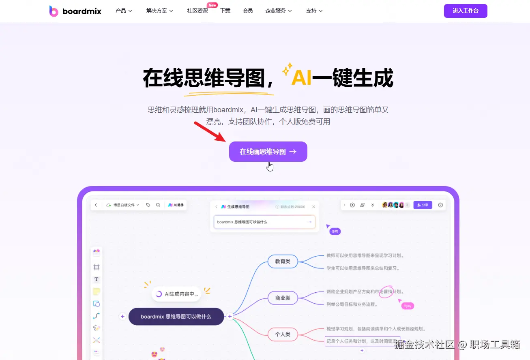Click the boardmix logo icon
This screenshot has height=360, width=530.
click(x=54, y=11)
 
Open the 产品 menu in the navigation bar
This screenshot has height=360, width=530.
click(x=124, y=11)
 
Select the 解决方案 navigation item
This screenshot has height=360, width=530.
click(x=159, y=11)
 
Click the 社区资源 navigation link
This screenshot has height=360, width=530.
click(x=197, y=11)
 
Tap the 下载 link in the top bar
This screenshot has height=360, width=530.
click(x=225, y=11)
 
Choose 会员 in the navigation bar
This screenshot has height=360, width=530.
click(x=248, y=11)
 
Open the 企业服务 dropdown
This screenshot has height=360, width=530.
click(x=279, y=11)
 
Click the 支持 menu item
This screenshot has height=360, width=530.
click(x=314, y=11)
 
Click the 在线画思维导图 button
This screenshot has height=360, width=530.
click(x=268, y=152)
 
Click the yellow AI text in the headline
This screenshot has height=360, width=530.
click(x=301, y=78)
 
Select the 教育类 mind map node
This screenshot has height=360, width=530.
click(x=283, y=261)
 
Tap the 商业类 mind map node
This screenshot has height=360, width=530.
click(x=283, y=298)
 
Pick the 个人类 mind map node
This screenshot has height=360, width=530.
click(x=283, y=334)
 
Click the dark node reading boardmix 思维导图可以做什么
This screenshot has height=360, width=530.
click(x=176, y=316)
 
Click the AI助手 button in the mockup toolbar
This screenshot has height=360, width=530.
click(x=176, y=205)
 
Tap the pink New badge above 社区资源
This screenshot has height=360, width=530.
click(x=212, y=5)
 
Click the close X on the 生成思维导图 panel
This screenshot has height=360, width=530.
click(x=313, y=207)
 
